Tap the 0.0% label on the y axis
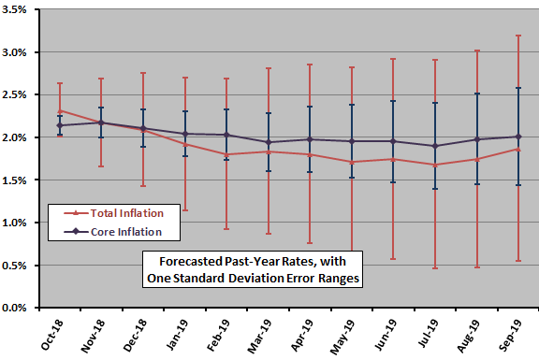tap(21, 308)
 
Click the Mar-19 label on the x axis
tap(266, 332)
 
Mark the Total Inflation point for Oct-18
tap(60, 110)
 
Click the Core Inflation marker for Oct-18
tap(60, 125)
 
